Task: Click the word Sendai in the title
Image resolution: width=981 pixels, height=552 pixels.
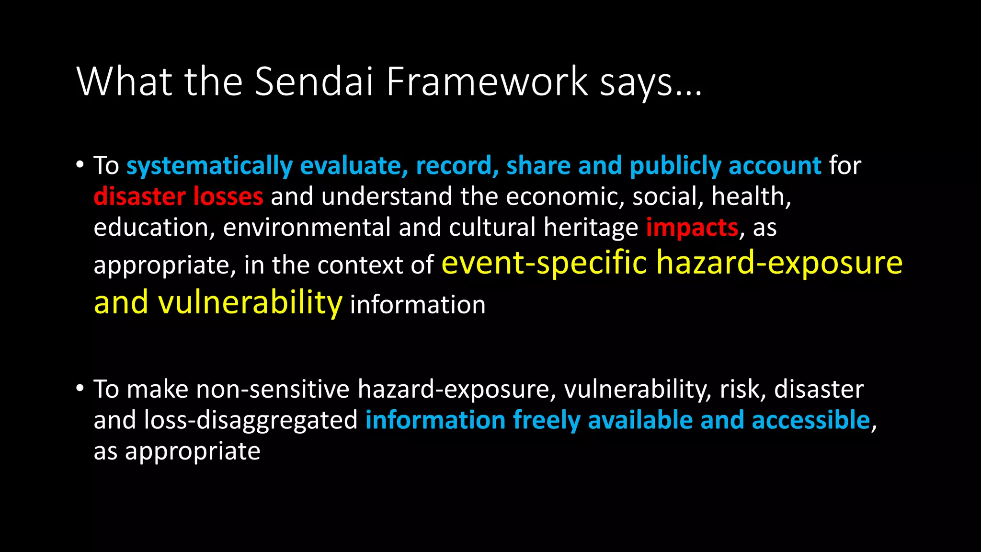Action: [x=313, y=81]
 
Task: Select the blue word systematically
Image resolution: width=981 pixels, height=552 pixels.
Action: [x=209, y=166]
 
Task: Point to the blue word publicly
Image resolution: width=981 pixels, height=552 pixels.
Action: [x=675, y=166]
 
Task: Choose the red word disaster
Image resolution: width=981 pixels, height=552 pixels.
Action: [x=139, y=196]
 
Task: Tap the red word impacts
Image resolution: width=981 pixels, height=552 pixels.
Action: [x=692, y=228]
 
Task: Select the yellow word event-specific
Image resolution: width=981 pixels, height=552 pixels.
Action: [x=544, y=263]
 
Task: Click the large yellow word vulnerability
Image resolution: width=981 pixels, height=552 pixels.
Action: [x=250, y=303]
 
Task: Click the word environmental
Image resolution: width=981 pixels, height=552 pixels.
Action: [x=307, y=228]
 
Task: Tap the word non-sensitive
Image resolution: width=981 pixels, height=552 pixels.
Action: [x=273, y=389]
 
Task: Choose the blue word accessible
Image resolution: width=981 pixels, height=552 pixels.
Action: [x=810, y=420]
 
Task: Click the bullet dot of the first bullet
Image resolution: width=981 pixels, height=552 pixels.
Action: [x=80, y=164]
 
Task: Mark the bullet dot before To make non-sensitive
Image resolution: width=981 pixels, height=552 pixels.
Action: [x=80, y=388]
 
